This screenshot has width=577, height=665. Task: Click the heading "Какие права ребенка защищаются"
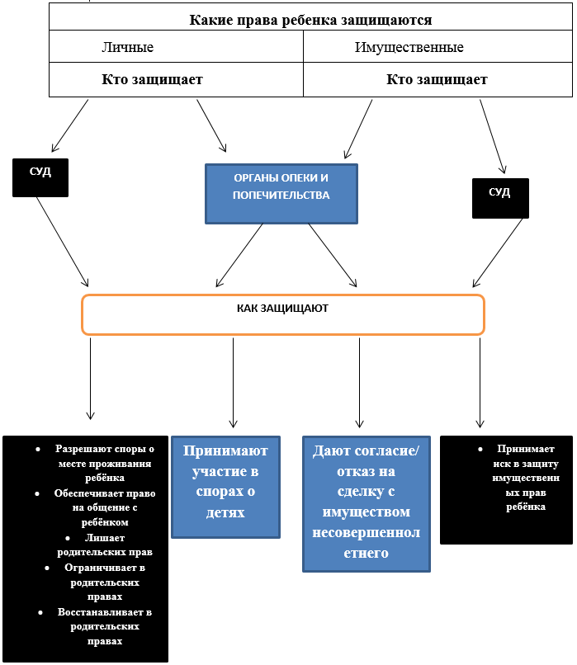point(310,20)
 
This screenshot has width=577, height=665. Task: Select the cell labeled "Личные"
point(127,47)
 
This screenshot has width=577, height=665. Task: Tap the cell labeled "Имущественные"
point(409,47)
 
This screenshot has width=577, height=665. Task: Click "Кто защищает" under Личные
point(152,80)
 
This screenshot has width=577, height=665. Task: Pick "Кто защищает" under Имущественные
point(437,80)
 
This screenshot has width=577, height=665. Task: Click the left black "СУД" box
point(40,177)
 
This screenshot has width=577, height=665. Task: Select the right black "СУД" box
point(499,198)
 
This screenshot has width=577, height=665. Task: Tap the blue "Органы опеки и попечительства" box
point(281,193)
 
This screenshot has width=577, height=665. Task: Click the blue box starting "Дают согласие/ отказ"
point(366,502)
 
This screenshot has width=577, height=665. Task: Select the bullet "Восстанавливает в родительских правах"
point(105,626)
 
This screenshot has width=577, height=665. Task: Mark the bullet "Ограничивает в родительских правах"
point(105,582)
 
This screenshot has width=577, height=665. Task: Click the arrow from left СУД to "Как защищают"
point(63,241)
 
